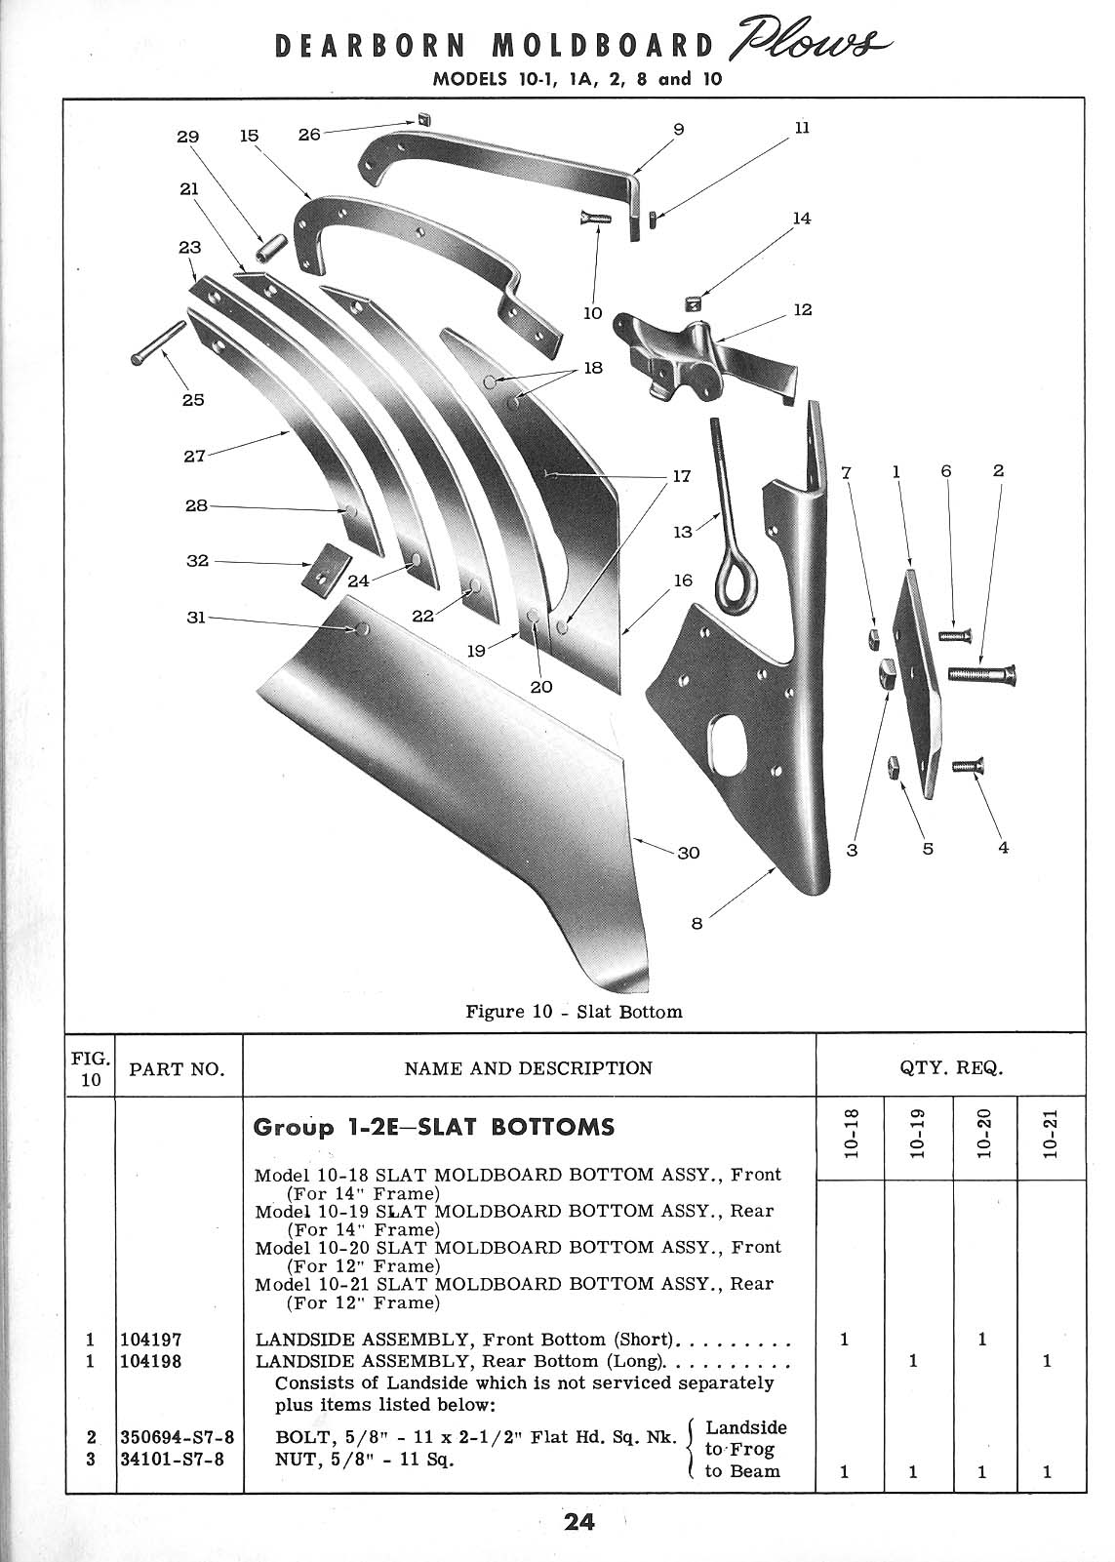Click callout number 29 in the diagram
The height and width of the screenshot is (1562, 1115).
(x=187, y=137)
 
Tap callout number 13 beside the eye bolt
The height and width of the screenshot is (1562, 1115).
(x=683, y=532)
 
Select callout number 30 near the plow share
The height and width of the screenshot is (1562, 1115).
(x=689, y=852)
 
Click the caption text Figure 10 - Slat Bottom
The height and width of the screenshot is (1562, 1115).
(x=574, y=1012)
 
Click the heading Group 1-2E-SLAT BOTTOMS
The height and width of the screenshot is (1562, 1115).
(x=433, y=1127)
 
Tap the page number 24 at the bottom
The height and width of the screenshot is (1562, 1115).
(x=578, y=1522)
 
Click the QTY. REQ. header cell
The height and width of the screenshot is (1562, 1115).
(x=950, y=1067)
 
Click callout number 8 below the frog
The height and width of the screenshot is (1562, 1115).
(x=697, y=924)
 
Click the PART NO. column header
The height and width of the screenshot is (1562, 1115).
(x=178, y=1068)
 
